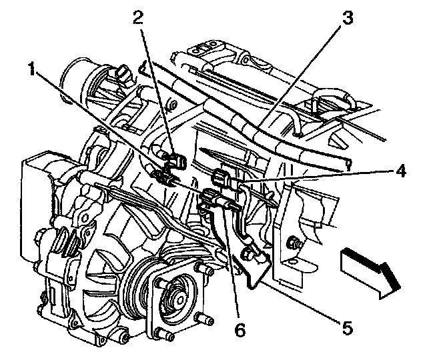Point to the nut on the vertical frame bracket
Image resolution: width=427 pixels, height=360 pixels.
292,244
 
